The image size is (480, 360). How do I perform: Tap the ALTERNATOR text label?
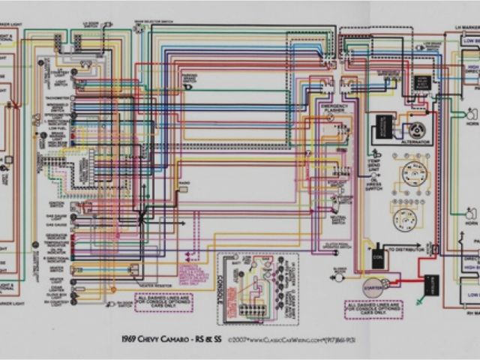pos(412,142)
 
